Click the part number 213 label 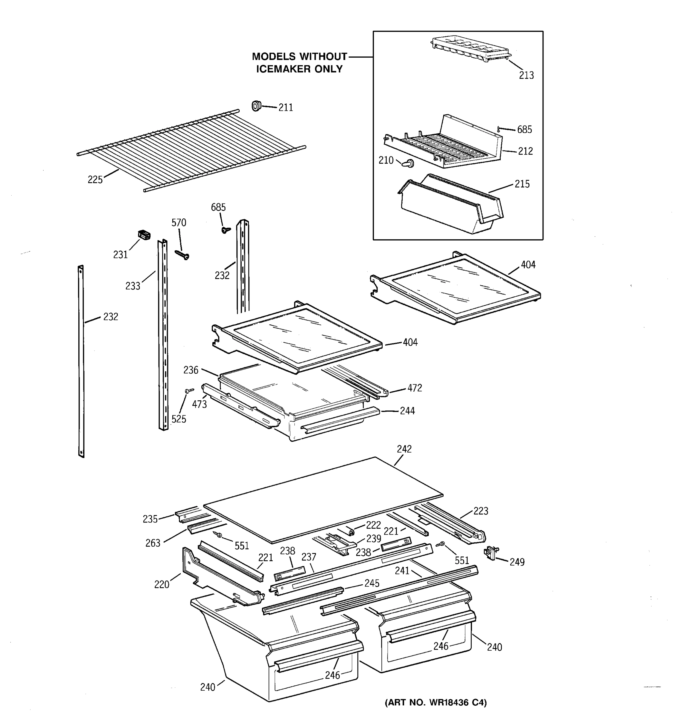tap(526, 75)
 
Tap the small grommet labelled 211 tap(256, 106)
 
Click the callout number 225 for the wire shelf tap(95, 179)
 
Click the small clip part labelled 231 tap(144, 235)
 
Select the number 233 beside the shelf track tap(133, 286)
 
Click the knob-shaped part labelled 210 tap(408, 163)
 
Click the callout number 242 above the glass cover tap(404, 449)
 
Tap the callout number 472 tap(415, 388)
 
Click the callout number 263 tap(153, 543)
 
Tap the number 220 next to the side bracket tap(162, 584)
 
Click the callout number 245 tap(371, 583)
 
